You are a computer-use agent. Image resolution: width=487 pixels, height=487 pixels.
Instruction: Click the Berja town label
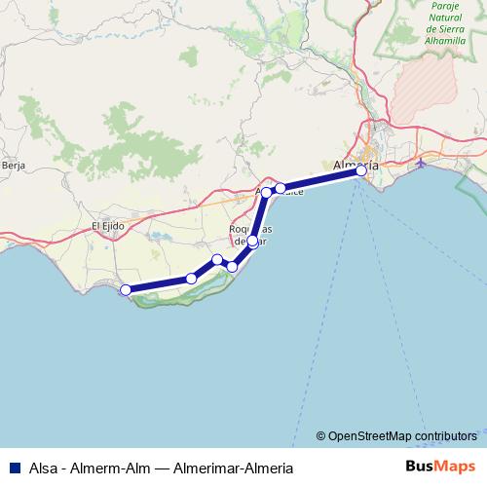(x=14, y=167)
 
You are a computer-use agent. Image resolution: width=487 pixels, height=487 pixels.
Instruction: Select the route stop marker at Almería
(x=361, y=170)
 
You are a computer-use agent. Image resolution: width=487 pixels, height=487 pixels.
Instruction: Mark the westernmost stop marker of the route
(x=125, y=289)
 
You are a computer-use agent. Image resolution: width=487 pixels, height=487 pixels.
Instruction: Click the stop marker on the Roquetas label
(x=252, y=241)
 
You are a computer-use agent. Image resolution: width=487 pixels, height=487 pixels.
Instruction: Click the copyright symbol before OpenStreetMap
(x=321, y=435)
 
